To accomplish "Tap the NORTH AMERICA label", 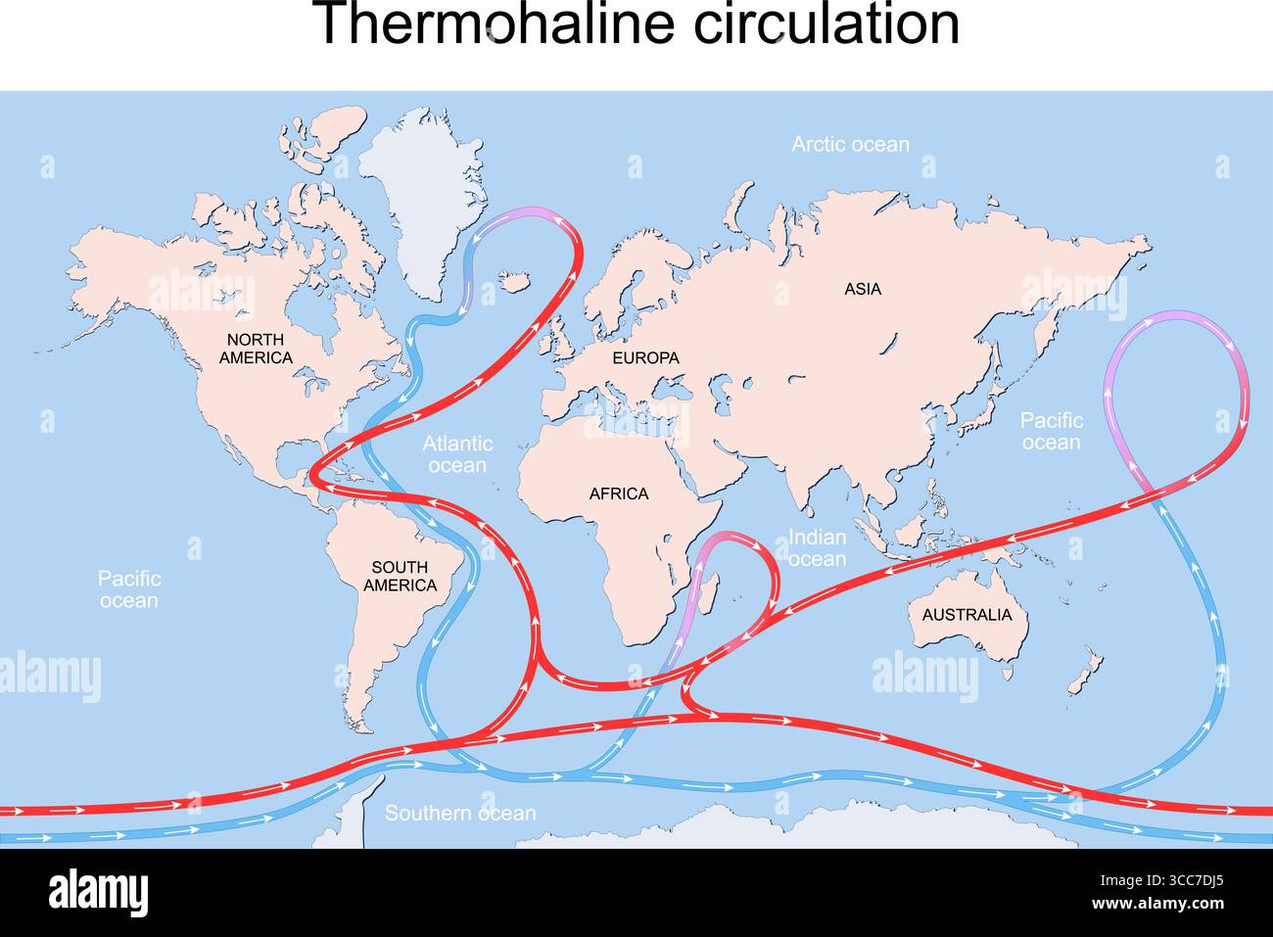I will pyautogui.click(x=256, y=349).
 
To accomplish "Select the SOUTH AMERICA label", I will pyautogui.click(x=400, y=576).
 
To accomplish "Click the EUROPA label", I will pyautogui.click(x=645, y=358).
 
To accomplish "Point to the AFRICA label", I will pyautogui.click(x=618, y=493).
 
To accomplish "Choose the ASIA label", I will pyautogui.click(x=863, y=289).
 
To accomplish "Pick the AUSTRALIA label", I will pyautogui.click(x=967, y=615).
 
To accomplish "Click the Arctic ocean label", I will pyautogui.click(x=850, y=145).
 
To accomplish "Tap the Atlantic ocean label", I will pyautogui.click(x=457, y=454).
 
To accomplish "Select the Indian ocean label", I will pyautogui.click(x=817, y=548).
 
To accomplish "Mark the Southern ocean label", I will pyautogui.click(x=460, y=814).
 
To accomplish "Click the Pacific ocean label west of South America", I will pyautogui.click(x=128, y=589).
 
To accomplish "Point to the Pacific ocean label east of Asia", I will pyautogui.click(x=1052, y=431).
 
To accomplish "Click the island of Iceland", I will pyautogui.click(x=515, y=283).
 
